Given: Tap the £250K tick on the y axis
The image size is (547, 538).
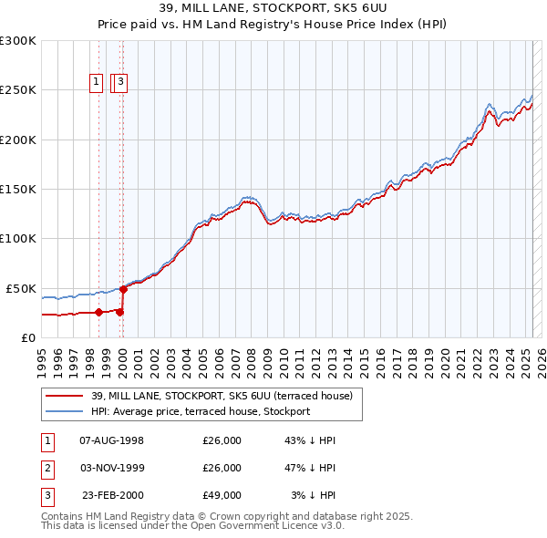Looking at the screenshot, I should tap(18, 90).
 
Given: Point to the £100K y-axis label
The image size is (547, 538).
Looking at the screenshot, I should tap(18, 238).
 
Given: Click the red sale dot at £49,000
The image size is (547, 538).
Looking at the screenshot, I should tap(124, 289).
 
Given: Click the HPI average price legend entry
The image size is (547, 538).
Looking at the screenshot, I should tap(201, 411).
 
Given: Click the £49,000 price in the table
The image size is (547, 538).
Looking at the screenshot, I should tap(222, 495).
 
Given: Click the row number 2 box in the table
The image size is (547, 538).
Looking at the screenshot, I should tap(46, 468).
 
